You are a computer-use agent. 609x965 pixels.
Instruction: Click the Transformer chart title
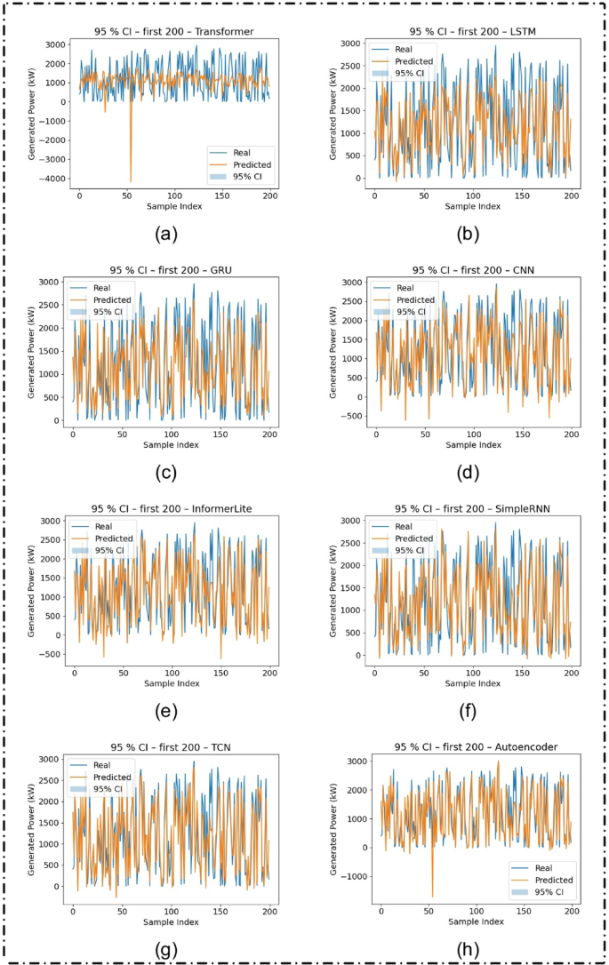[174, 31]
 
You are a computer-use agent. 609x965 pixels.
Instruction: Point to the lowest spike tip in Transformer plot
[131, 181]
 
